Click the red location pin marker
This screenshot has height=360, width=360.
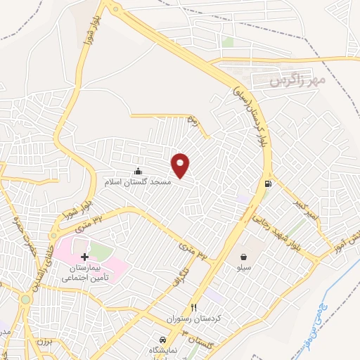181,165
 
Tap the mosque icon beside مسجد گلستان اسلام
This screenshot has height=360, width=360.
138,171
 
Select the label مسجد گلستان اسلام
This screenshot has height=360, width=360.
138,182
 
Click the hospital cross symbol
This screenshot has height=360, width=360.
85,258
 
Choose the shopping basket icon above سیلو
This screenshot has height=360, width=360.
243,257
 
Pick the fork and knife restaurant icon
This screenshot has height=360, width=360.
194,308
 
